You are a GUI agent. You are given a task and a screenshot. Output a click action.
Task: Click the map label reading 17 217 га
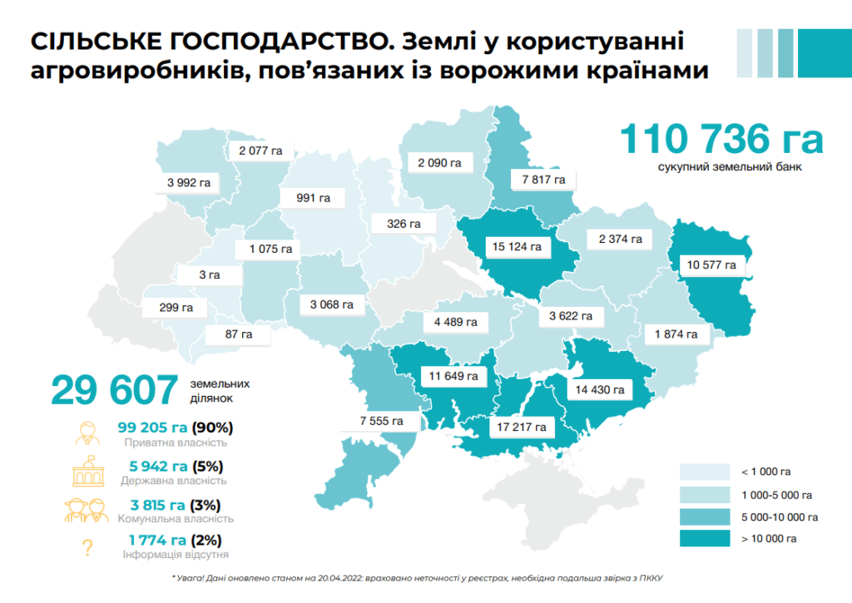(x=522, y=427)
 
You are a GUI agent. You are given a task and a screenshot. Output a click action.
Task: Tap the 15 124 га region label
(x=518, y=246)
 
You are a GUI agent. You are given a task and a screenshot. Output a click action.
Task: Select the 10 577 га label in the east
(x=711, y=265)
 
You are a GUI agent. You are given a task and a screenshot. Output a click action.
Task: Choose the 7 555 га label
(x=381, y=421)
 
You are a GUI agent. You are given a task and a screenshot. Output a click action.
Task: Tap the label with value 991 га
(x=313, y=198)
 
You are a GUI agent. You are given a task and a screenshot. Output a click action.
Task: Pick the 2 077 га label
(x=260, y=151)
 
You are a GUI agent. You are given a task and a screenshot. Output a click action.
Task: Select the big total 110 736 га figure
(x=721, y=139)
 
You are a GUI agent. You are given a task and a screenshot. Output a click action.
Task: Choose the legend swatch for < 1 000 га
(x=705, y=472)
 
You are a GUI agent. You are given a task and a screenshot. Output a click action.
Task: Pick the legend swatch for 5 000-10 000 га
(x=705, y=517)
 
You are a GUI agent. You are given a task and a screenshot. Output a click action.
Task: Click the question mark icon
(x=86, y=547)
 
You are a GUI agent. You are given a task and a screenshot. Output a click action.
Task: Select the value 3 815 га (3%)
(x=175, y=504)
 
